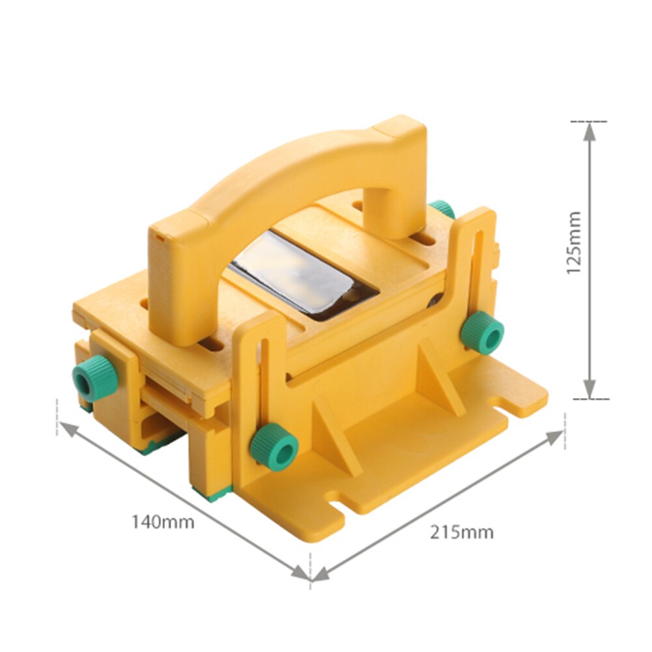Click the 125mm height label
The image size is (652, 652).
coord(573,242)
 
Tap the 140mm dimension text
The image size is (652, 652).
coord(163,522)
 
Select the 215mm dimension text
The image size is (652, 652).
coord(461,532)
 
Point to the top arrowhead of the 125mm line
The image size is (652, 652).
coord(589,131)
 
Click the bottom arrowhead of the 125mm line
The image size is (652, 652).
coord(589,389)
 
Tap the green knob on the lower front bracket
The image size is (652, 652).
coord(274,446)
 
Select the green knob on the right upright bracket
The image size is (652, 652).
coord(483,332)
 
